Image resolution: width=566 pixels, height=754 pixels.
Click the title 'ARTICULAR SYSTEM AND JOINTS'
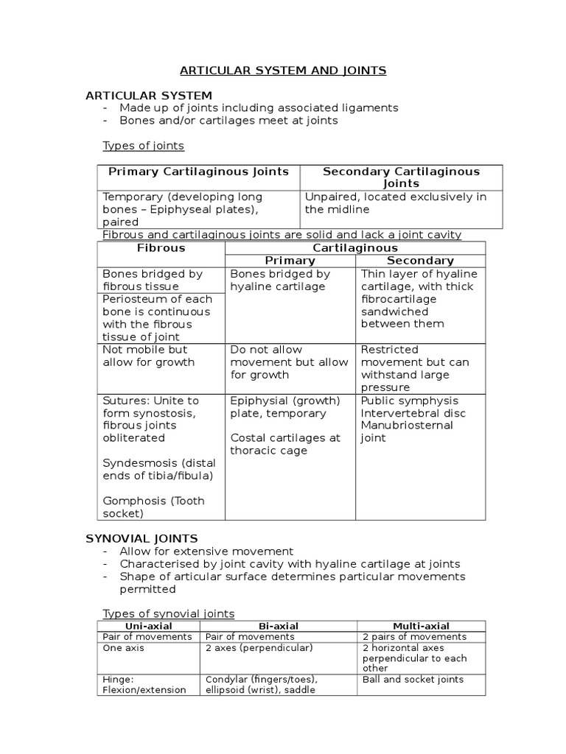[284, 71]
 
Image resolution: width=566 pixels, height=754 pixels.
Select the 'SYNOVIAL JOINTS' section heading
[142, 538]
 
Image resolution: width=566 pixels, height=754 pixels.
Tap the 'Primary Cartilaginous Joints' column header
[199, 172]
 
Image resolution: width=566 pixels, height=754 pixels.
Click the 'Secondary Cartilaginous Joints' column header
[401, 177]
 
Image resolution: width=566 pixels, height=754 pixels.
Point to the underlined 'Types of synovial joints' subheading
[168, 613]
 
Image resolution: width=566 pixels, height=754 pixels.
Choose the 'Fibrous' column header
[161, 248]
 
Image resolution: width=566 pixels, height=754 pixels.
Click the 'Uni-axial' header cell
[149, 626]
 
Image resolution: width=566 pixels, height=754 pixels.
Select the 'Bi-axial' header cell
[279, 626]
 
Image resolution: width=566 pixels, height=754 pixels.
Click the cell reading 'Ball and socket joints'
[413, 679]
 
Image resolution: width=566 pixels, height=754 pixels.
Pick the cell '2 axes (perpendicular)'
[259, 647]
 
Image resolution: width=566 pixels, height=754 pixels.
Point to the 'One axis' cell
[124, 647]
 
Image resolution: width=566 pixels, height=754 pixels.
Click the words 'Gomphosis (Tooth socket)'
[153, 507]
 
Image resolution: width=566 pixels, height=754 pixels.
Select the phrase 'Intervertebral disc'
[413, 413]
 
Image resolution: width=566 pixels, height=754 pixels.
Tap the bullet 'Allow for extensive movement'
[206, 551]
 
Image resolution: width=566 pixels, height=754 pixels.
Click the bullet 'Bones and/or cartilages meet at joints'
[228, 120]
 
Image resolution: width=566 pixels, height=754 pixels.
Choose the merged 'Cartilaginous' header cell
[354, 248]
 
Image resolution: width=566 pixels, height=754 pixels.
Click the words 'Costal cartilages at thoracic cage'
[285, 444]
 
